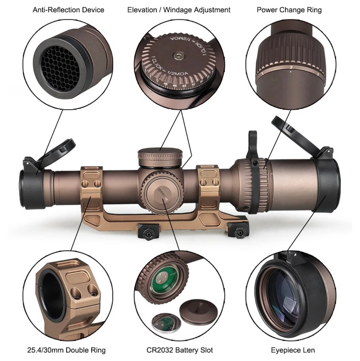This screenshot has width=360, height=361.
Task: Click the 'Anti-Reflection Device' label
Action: [68, 10]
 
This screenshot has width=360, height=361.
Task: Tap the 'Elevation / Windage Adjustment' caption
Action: [179, 10]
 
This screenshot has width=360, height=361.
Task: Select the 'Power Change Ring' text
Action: [289, 10]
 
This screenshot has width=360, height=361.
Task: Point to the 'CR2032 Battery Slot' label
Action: [179, 350]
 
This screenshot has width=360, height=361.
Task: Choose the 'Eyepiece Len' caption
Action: [293, 350]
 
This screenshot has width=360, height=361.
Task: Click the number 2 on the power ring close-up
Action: [291, 68]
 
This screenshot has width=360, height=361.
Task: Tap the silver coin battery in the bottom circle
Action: [165, 321]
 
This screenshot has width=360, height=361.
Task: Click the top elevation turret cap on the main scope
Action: [160, 156]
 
